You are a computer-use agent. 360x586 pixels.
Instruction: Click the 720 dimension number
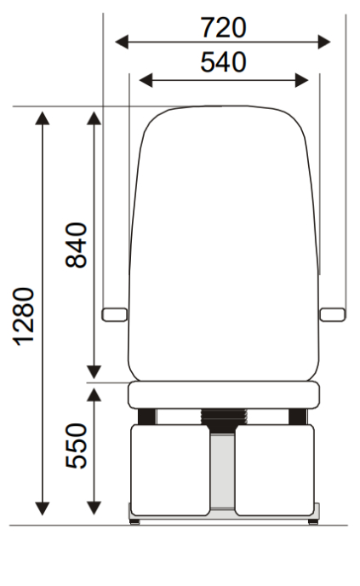(224, 28)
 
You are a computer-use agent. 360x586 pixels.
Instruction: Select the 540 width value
(223, 62)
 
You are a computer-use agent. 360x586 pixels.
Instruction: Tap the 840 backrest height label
(76, 244)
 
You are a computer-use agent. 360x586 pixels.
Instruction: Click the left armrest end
(111, 314)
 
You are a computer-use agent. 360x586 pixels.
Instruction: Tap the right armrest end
(331, 314)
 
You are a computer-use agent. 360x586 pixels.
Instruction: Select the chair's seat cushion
(223, 394)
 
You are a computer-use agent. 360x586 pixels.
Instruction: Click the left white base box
(169, 469)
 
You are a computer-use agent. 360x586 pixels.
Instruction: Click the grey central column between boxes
(223, 473)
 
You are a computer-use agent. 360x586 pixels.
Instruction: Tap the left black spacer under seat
(146, 416)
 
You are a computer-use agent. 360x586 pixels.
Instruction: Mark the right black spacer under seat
(297, 416)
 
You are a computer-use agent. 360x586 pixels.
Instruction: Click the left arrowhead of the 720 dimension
(121, 40)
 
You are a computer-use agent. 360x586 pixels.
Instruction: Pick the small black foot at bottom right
(313, 520)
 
